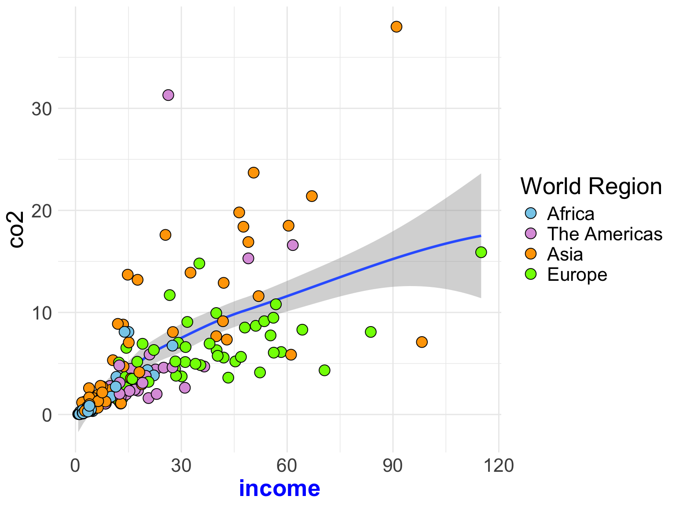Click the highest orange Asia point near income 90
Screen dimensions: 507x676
(396, 27)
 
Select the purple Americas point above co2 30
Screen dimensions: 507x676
(168, 95)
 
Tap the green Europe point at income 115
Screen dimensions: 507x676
(481, 252)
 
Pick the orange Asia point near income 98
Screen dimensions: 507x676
(422, 342)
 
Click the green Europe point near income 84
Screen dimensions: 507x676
(371, 332)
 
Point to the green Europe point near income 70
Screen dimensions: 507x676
(324, 370)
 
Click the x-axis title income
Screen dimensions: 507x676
(279, 489)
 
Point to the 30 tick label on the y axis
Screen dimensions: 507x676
(42, 109)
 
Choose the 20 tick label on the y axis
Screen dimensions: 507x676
(42, 211)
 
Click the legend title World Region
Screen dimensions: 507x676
(591, 186)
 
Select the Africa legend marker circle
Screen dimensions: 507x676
(531, 214)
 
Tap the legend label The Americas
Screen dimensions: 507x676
(604, 234)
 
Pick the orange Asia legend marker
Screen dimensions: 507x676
(531, 254)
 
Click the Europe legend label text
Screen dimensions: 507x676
(577, 275)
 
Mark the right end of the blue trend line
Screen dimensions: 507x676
(481, 236)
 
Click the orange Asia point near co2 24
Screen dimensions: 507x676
(253, 173)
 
